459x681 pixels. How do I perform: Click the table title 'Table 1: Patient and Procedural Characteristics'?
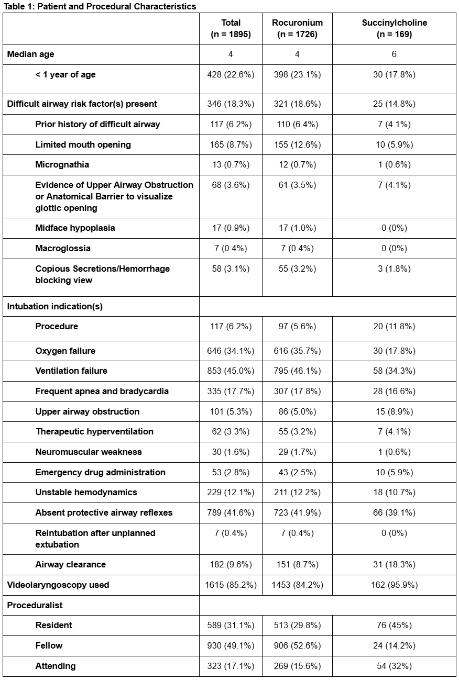[100, 6]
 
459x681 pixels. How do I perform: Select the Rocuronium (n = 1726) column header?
[297, 28]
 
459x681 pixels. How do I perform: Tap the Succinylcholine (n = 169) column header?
[394, 28]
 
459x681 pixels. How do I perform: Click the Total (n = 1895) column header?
[231, 28]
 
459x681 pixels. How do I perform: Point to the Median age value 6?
[394, 54]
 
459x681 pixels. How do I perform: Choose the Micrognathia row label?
[62, 164]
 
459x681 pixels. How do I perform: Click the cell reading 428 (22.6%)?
[231, 74]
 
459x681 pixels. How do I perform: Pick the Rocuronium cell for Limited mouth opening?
[297, 144]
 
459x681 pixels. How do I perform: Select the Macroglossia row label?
[63, 248]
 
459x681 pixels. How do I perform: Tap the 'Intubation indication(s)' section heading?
[55, 306]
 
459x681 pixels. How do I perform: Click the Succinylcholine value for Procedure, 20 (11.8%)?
[394, 326]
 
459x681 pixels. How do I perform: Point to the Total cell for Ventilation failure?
[231, 371]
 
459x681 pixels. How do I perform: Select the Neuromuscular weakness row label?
[89, 452]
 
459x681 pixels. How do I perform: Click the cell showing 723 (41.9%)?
[297, 512]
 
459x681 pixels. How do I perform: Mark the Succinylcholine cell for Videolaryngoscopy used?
[394, 585]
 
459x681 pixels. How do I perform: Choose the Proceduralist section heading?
[35, 605]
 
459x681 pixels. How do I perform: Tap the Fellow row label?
[49, 645]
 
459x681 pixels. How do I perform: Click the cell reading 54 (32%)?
[394, 666]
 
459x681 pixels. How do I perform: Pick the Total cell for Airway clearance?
[231, 564]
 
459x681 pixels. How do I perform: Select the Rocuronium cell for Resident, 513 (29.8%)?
[297, 625]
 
